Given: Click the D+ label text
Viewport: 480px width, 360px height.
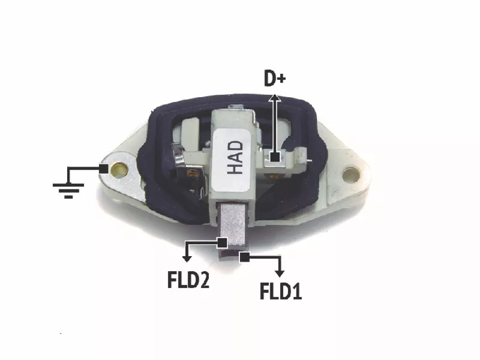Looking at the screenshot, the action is click(275, 79).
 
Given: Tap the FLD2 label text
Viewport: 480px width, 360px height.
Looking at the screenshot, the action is click(188, 280).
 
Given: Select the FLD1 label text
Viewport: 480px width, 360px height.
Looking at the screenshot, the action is click(281, 291).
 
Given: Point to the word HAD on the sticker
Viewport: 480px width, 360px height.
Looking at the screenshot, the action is click(235, 157).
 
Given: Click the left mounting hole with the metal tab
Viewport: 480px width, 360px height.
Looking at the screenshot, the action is click(119, 169).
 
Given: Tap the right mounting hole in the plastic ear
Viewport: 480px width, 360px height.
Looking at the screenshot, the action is click(350, 175).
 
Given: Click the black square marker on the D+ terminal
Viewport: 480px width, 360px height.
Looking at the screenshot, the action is click(275, 157).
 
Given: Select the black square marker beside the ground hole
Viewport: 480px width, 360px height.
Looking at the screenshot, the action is click(104, 169).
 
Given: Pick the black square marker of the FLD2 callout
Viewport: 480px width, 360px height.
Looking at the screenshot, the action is click(222, 243).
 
